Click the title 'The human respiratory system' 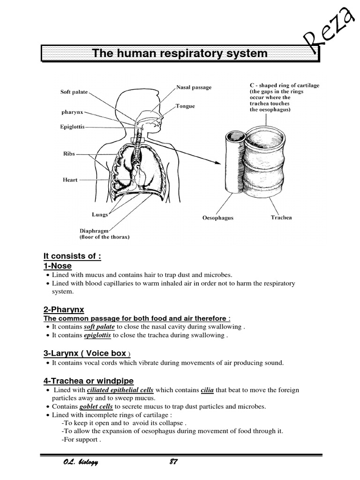180,53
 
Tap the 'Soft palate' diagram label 74,92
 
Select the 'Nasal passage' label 194,87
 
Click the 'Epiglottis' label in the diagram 73,127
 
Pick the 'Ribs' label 69,154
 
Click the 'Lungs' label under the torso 100,214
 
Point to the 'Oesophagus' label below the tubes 217,218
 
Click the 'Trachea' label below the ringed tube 281,217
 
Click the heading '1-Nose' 58,266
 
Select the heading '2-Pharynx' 64,309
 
